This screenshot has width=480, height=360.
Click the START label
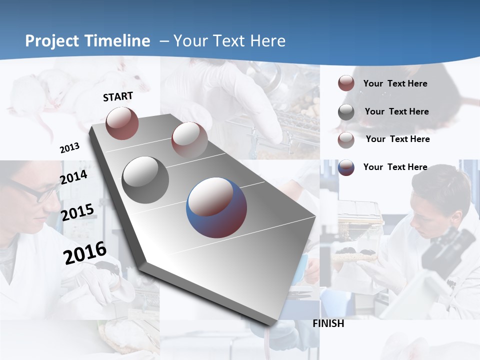(118, 96)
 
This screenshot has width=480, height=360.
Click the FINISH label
(328, 323)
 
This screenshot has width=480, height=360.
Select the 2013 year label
(69, 148)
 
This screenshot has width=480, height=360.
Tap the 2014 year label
(73, 177)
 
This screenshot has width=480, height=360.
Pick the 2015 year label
(77, 212)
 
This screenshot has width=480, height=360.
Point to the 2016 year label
(85, 252)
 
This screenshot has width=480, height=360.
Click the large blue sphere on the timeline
(216, 207)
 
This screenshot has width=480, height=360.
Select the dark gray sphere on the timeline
(145, 179)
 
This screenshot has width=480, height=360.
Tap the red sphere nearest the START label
(122, 123)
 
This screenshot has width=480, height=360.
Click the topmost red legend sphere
(346, 83)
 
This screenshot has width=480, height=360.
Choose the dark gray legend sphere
(346, 111)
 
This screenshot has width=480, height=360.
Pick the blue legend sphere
(346, 167)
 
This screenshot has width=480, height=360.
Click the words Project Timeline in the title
(87, 41)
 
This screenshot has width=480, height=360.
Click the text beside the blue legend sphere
(395, 167)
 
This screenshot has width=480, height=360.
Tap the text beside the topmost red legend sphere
(395, 83)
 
